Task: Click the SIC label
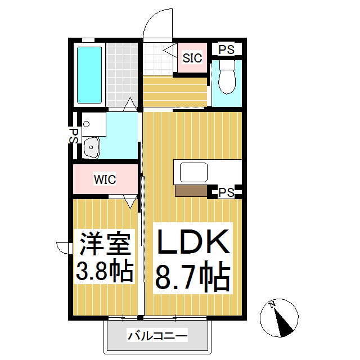pyautogui.click(x=192, y=57)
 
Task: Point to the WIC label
pyautogui.click(x=105, y=180)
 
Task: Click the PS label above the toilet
pyautogui.click(x=227, y=49)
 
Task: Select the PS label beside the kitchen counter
pyautogui.click(x=226, y=192)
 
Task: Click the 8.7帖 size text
pyautogui.click(x=192, y=276)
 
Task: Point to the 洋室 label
pyautogui.click(x=105, y=244)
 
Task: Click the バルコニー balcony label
pyautogui.click(x=157, y=336)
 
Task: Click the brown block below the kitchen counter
pyautogui.click(x=191, y=191)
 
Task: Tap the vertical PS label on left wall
pyautogui.click(x=74, y=135)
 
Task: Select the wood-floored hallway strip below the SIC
pyautogui.click(x=174, y=90)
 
